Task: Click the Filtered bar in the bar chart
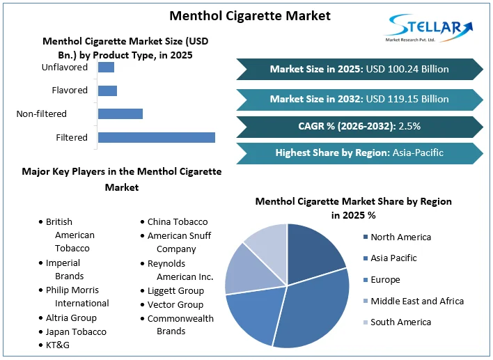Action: pos(156,137)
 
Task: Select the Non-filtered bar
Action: pos(120,114)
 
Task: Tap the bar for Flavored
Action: pos(107,91)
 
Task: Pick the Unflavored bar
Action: pos(106,68)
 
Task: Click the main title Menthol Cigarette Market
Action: pos(240,15)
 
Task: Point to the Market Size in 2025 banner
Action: pos(359,69)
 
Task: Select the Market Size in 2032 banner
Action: pos(359,99)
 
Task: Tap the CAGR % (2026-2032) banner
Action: pos(359,126)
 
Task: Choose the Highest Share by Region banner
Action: pos(359,152)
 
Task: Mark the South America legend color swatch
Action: pos(366,322)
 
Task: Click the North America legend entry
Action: pos(400,237)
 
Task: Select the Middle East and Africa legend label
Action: pos(416,301)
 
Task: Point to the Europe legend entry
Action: pos(384,280)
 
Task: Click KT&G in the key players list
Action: pos(58,345)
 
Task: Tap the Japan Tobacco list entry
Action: pos(76,331)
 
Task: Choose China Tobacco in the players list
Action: pos(177,221)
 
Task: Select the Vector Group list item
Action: pos(175,304)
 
